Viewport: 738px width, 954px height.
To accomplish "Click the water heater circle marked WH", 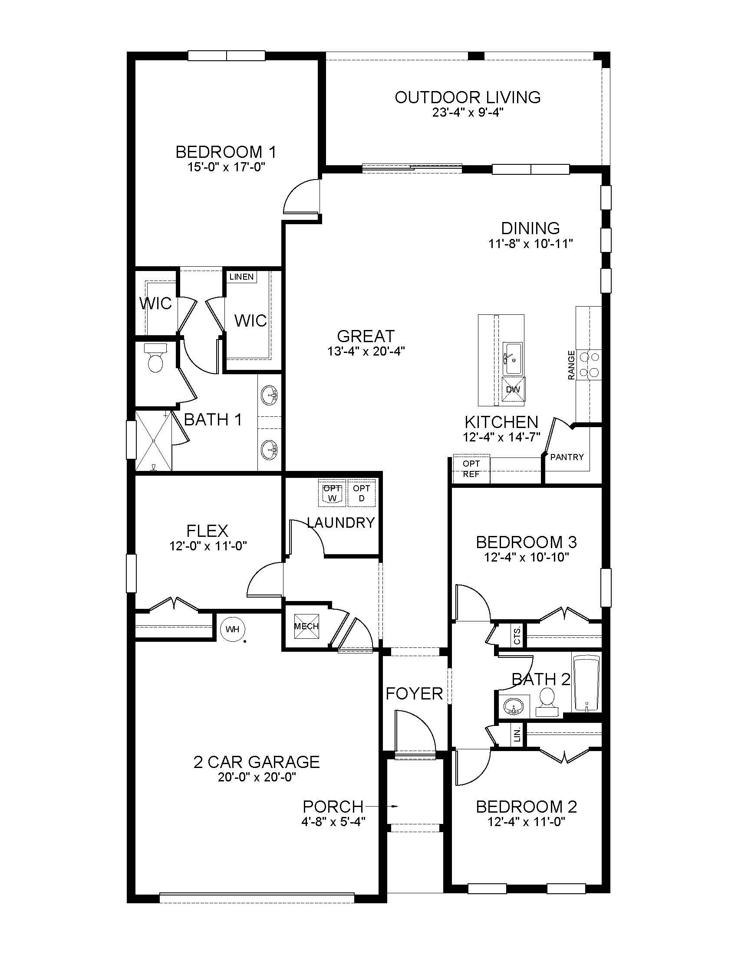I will (233, 630).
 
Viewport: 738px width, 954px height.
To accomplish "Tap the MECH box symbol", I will (306, 626).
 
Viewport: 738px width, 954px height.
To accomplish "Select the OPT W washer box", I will (332, 493).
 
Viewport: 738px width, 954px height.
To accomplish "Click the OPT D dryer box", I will (362, 493).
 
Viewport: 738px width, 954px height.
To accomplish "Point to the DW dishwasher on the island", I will (513, 389).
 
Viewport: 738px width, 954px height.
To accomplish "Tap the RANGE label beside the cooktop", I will (571, 365).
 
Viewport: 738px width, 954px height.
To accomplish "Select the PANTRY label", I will (567, 457).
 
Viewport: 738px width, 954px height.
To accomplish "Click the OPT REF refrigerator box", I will (471, 469).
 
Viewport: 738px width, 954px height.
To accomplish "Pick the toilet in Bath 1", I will (156, 358).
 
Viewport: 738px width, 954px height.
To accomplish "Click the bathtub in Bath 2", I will (586, 684).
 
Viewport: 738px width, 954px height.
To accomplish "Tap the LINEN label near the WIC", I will (241, 277).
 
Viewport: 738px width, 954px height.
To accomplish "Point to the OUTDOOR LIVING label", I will (468, 97).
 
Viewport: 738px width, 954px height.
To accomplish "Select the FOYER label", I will (414, 694).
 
